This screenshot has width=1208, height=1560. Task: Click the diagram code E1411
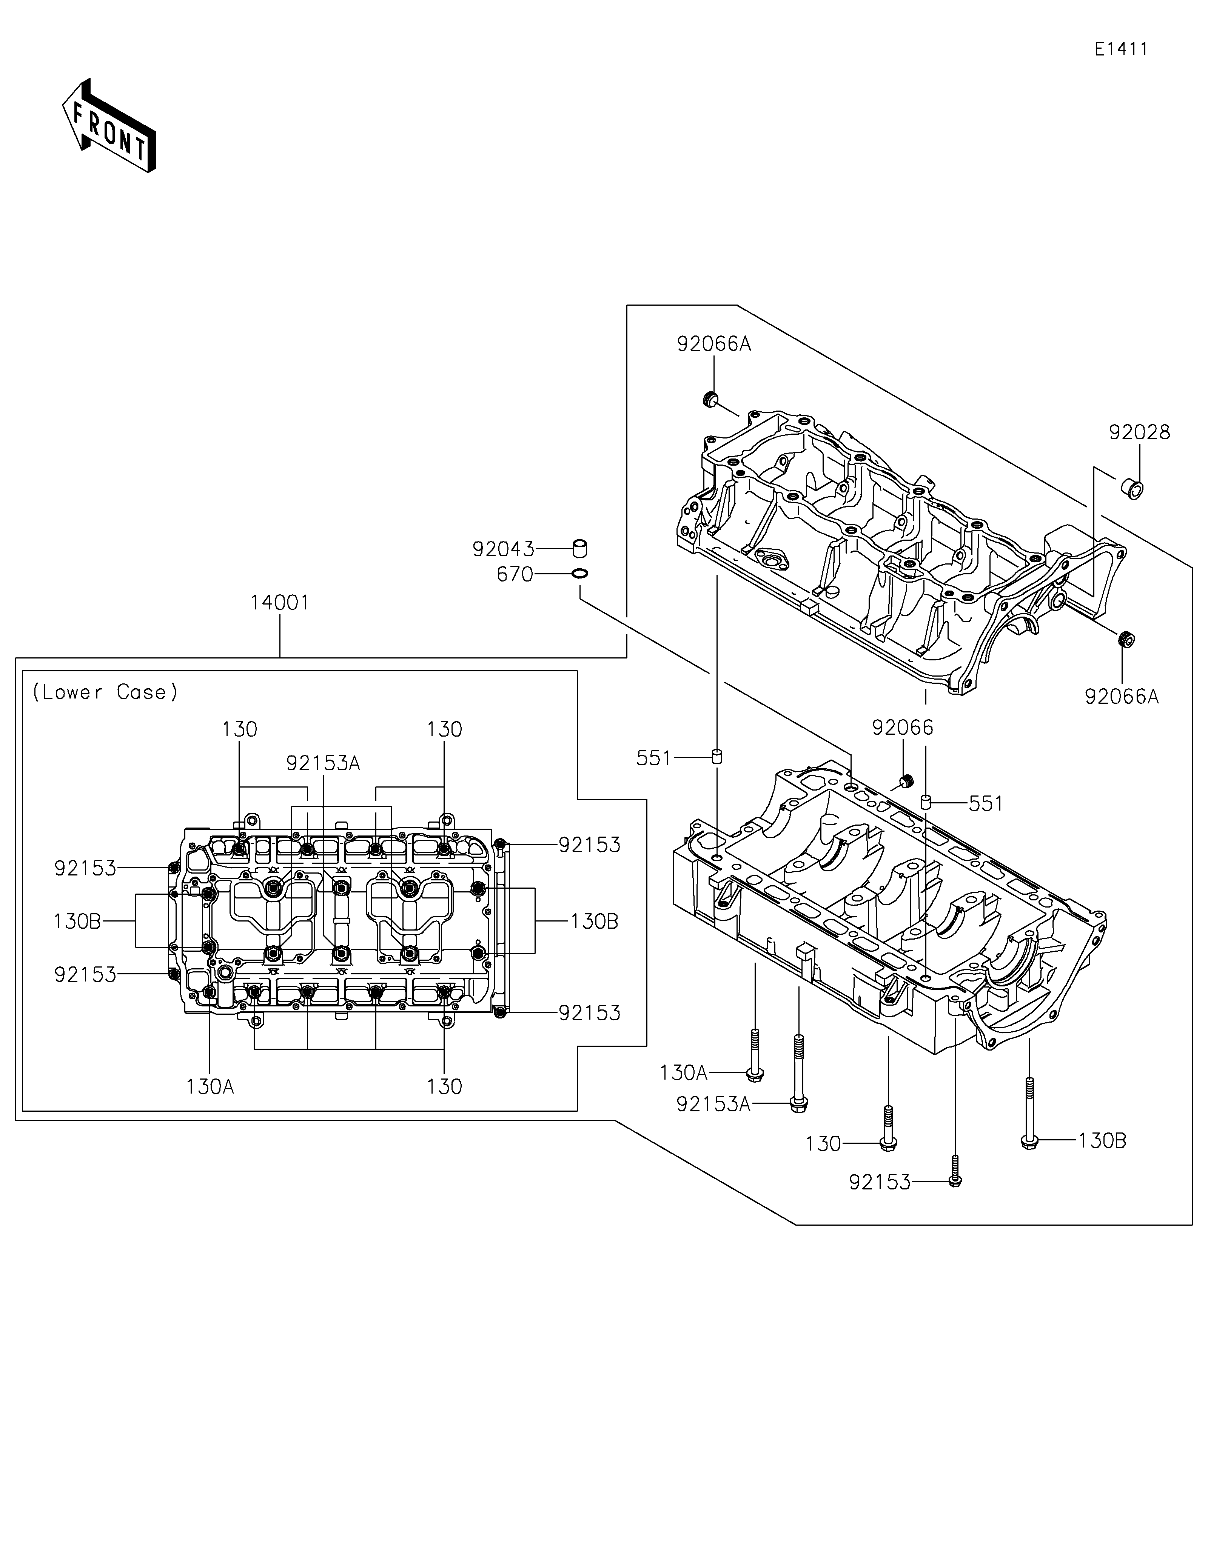tap(1121, 49)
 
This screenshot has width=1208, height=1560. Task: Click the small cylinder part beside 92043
tap(581, 549)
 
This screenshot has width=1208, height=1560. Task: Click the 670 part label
tap(515, 574)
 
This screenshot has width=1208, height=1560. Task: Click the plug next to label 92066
tap(906, 781)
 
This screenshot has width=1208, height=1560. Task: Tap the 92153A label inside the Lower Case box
tap(323, 763)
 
